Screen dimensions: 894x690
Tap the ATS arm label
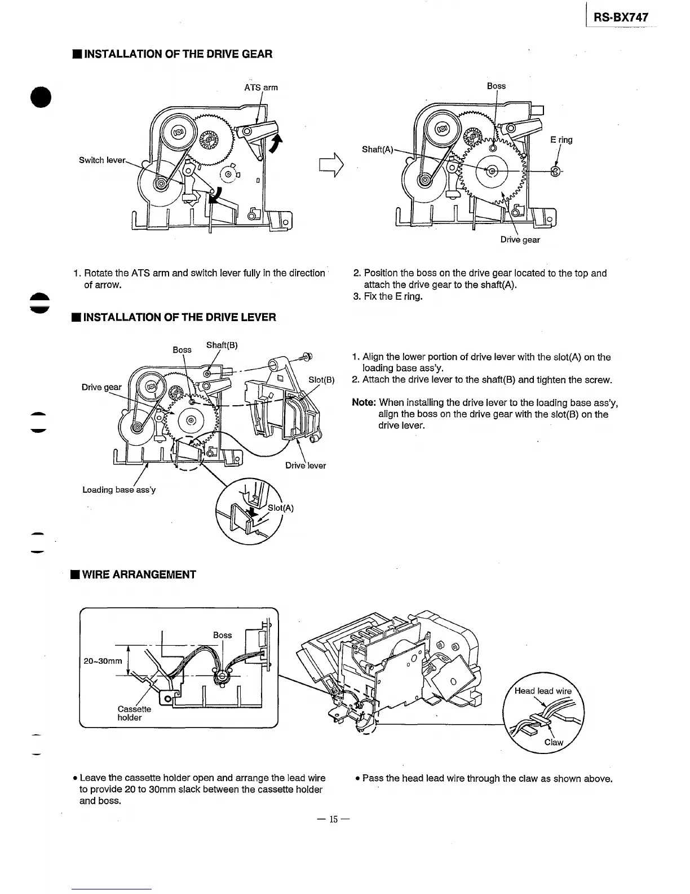tap(260, 87)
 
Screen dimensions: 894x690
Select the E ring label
tap(561, 140)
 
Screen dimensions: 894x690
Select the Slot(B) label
tap(322, 380)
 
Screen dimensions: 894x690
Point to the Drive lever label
tap(306, 466)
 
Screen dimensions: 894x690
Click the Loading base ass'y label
tap(119, 490)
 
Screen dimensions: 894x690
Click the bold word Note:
tap(364, 402)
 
